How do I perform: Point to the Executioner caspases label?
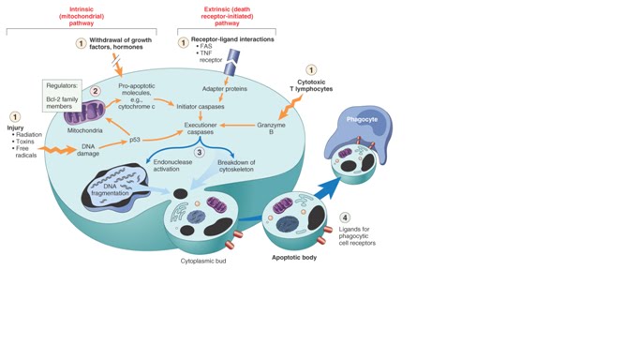point(201,128)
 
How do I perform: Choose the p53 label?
point(134,140)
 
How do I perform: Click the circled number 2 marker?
point(95,91)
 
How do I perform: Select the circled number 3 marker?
point(199,152)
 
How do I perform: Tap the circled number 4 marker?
point(345,217)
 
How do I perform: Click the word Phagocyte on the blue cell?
point(361,120)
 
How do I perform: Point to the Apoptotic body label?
point(293,256)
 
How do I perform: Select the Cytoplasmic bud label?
point(203,262)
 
